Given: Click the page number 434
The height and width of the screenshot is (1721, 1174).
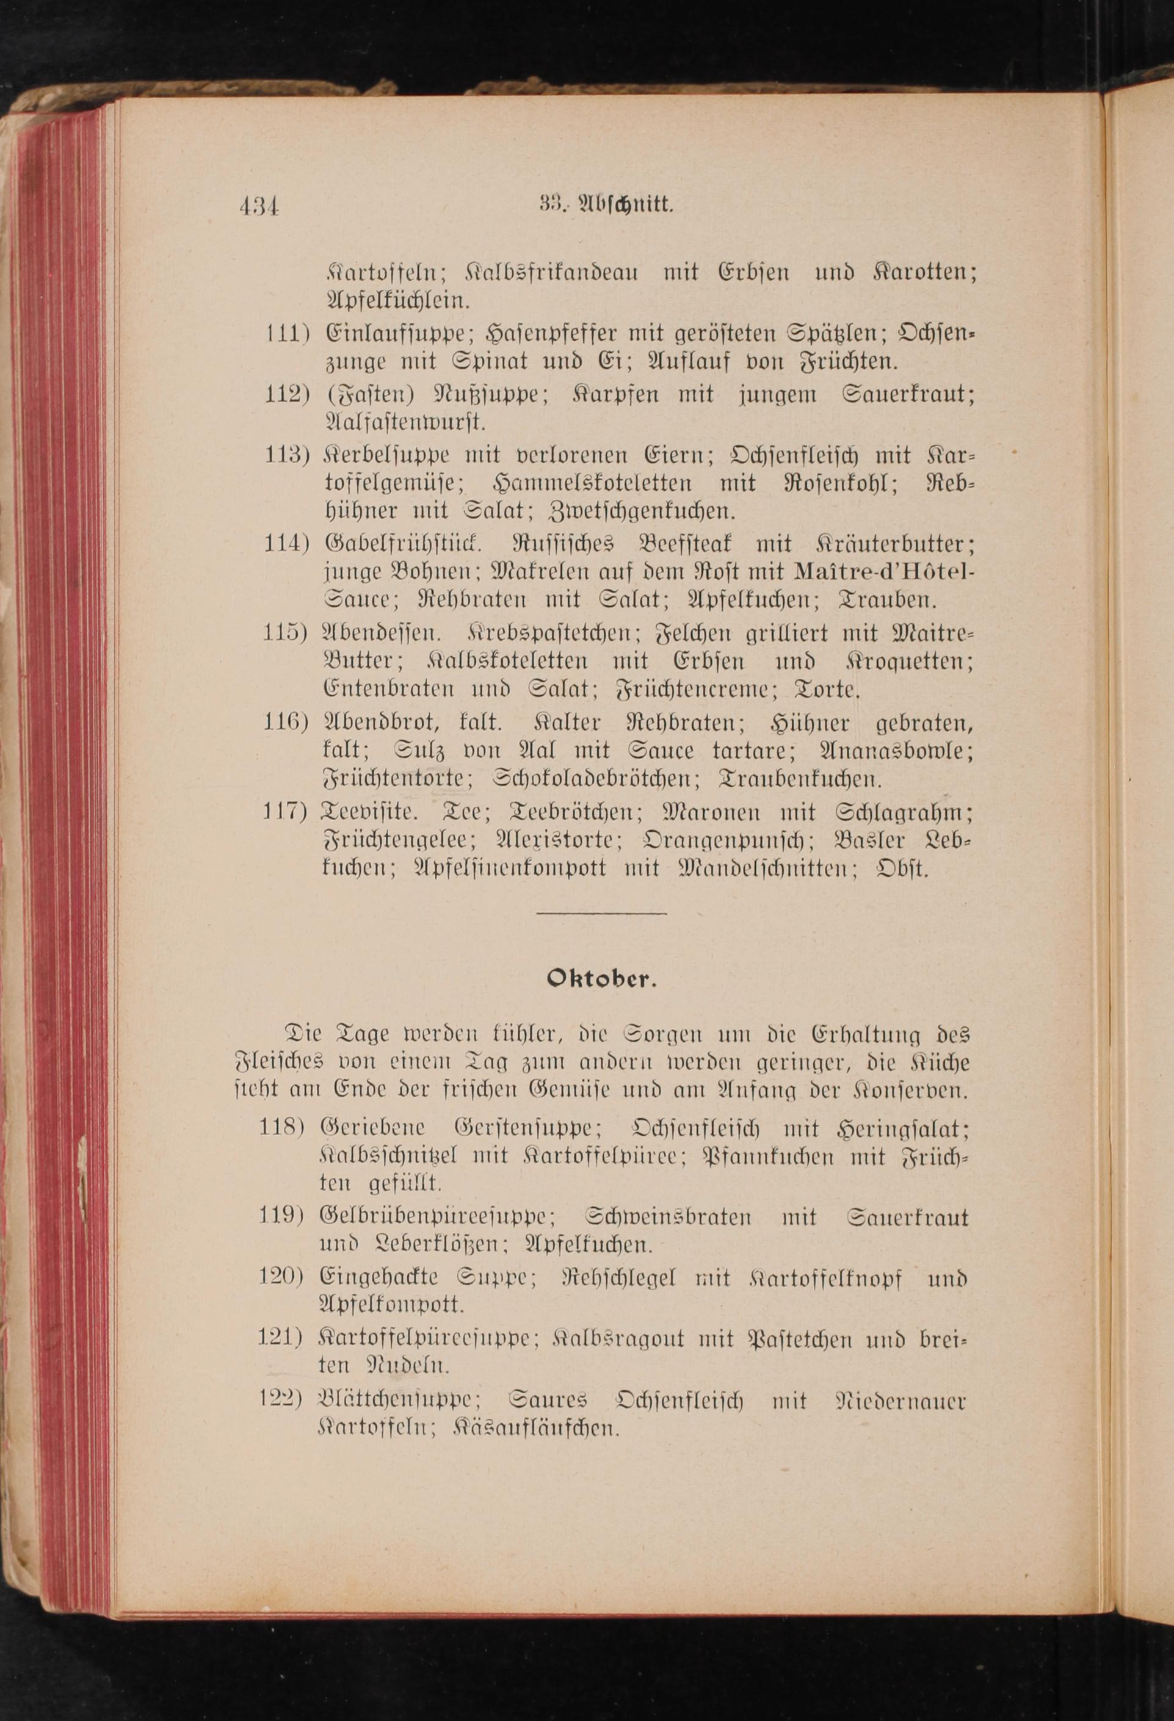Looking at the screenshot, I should (x=258, y=205).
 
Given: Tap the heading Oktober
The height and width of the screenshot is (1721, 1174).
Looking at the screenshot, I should (x=601, y=979).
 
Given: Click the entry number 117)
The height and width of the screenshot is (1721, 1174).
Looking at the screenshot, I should (x=285, y=812).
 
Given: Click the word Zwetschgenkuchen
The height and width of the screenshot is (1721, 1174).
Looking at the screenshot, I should (x=642, y=511).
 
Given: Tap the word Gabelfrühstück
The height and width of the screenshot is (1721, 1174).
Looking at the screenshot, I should (x=404, y=544).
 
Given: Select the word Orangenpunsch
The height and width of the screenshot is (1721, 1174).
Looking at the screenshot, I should (x=726, y=840).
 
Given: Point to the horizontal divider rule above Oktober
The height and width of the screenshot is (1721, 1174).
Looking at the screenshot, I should (x=601, y=912).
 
